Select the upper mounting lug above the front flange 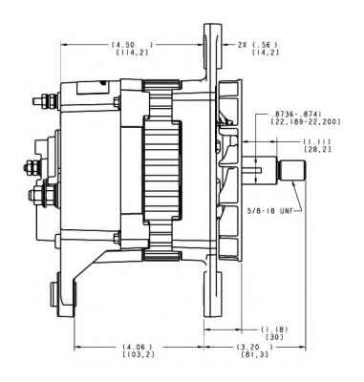(206, 48)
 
